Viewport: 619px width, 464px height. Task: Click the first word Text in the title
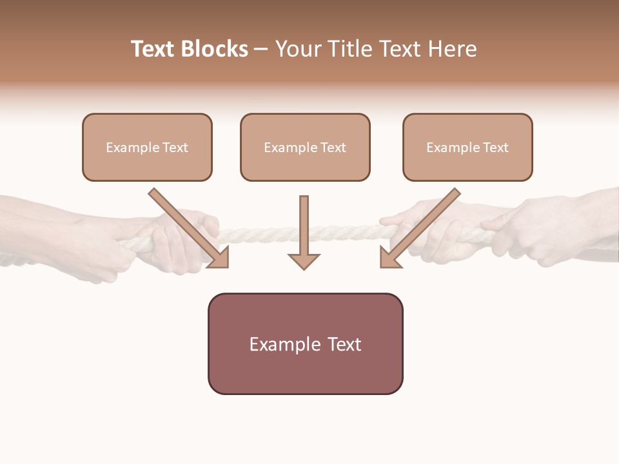click(155, 49)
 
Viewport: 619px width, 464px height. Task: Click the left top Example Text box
click(147, 147)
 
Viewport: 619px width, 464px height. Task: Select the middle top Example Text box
click(305, 147)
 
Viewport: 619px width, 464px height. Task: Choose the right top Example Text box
click(467, 147)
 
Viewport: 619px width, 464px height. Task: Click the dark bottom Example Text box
click(305, 343)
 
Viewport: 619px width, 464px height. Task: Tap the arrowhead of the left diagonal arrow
click(219, 259)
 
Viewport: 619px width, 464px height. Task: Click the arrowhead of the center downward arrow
click(304, 261)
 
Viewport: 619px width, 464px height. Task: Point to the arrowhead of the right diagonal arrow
click(389, 259)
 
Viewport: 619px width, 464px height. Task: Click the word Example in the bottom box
click(284, 344)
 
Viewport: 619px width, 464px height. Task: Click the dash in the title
click(261, 49)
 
